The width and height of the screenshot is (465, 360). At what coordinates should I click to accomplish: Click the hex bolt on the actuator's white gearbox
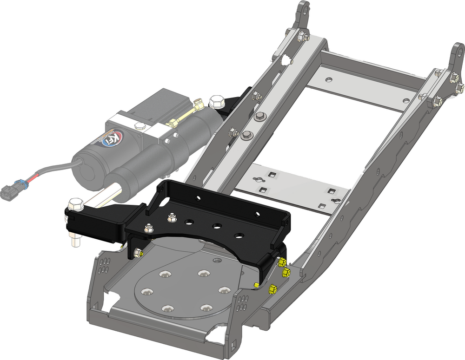(x=139, y=126)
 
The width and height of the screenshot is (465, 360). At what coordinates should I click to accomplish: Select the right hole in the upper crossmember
(x=406, y=100)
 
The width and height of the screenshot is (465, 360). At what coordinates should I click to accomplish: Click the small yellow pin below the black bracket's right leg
(x=256, y=284)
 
